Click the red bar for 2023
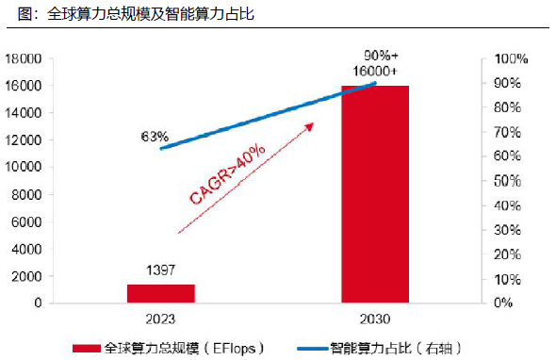point(160,293)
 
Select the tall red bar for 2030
point(374,194)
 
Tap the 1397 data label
point(161,271)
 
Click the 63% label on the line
point(155,136)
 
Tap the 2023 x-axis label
point(160,317)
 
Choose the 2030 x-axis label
point(374,317)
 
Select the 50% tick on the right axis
point(513,181)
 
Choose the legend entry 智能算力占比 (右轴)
point(396,346)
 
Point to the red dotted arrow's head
point(312,124)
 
